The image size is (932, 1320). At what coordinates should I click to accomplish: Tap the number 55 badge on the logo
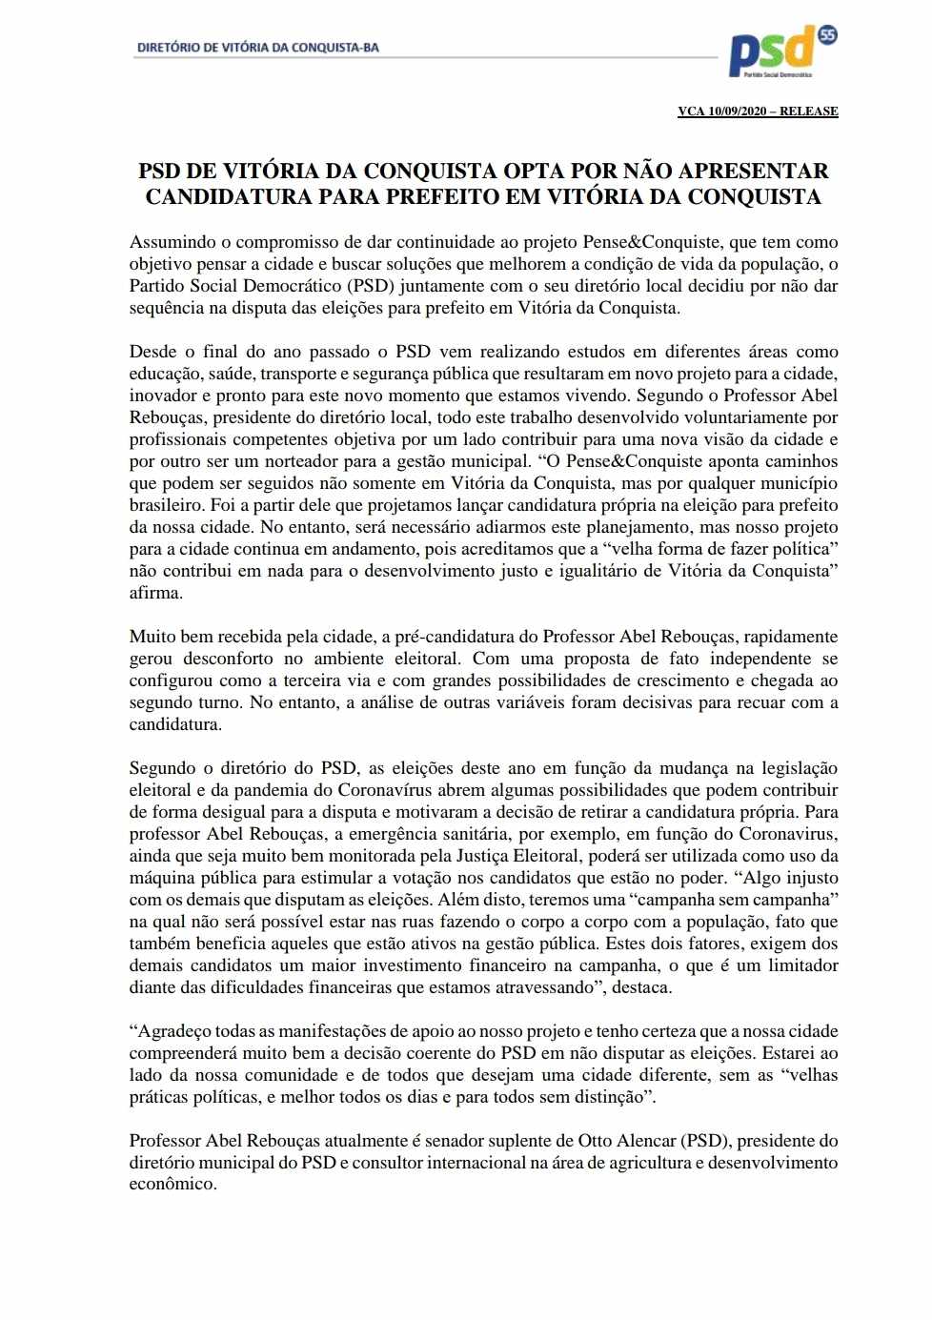coord(827,35)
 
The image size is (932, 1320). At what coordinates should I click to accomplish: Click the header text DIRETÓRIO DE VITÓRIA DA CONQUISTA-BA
coord(258,47)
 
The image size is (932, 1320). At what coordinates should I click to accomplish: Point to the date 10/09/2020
coord(738,112)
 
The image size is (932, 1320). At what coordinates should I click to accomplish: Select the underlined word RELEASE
coord(809,112)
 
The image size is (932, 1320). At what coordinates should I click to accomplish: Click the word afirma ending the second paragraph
coord(154,593)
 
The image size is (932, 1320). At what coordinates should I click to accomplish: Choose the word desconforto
coord(239,659)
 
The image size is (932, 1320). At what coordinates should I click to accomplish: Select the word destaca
coord(641,987)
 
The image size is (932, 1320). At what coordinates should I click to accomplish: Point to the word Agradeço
coord(174,1031)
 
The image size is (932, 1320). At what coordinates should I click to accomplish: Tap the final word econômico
coord(172,1185)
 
